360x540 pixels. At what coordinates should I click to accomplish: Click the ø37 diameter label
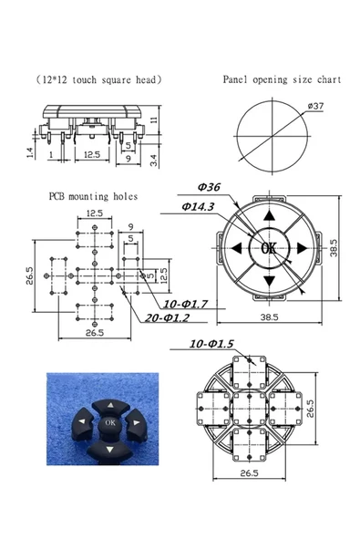[315, 106]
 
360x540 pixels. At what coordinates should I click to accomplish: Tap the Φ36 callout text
[209, 187]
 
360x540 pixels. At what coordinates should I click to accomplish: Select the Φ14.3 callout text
[198, 206]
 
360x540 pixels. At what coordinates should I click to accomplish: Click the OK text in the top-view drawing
[269, 247]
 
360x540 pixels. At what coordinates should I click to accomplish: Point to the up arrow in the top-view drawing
[269, 215]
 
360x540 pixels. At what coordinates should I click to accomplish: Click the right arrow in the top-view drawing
[302, 248]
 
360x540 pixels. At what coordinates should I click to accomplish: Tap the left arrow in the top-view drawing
[236, 248]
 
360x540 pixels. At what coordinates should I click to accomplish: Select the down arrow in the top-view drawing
[269, 281]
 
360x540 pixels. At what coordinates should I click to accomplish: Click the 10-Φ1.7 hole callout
[185, 304]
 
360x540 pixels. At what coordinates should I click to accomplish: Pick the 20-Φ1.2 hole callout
[167, 317]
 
